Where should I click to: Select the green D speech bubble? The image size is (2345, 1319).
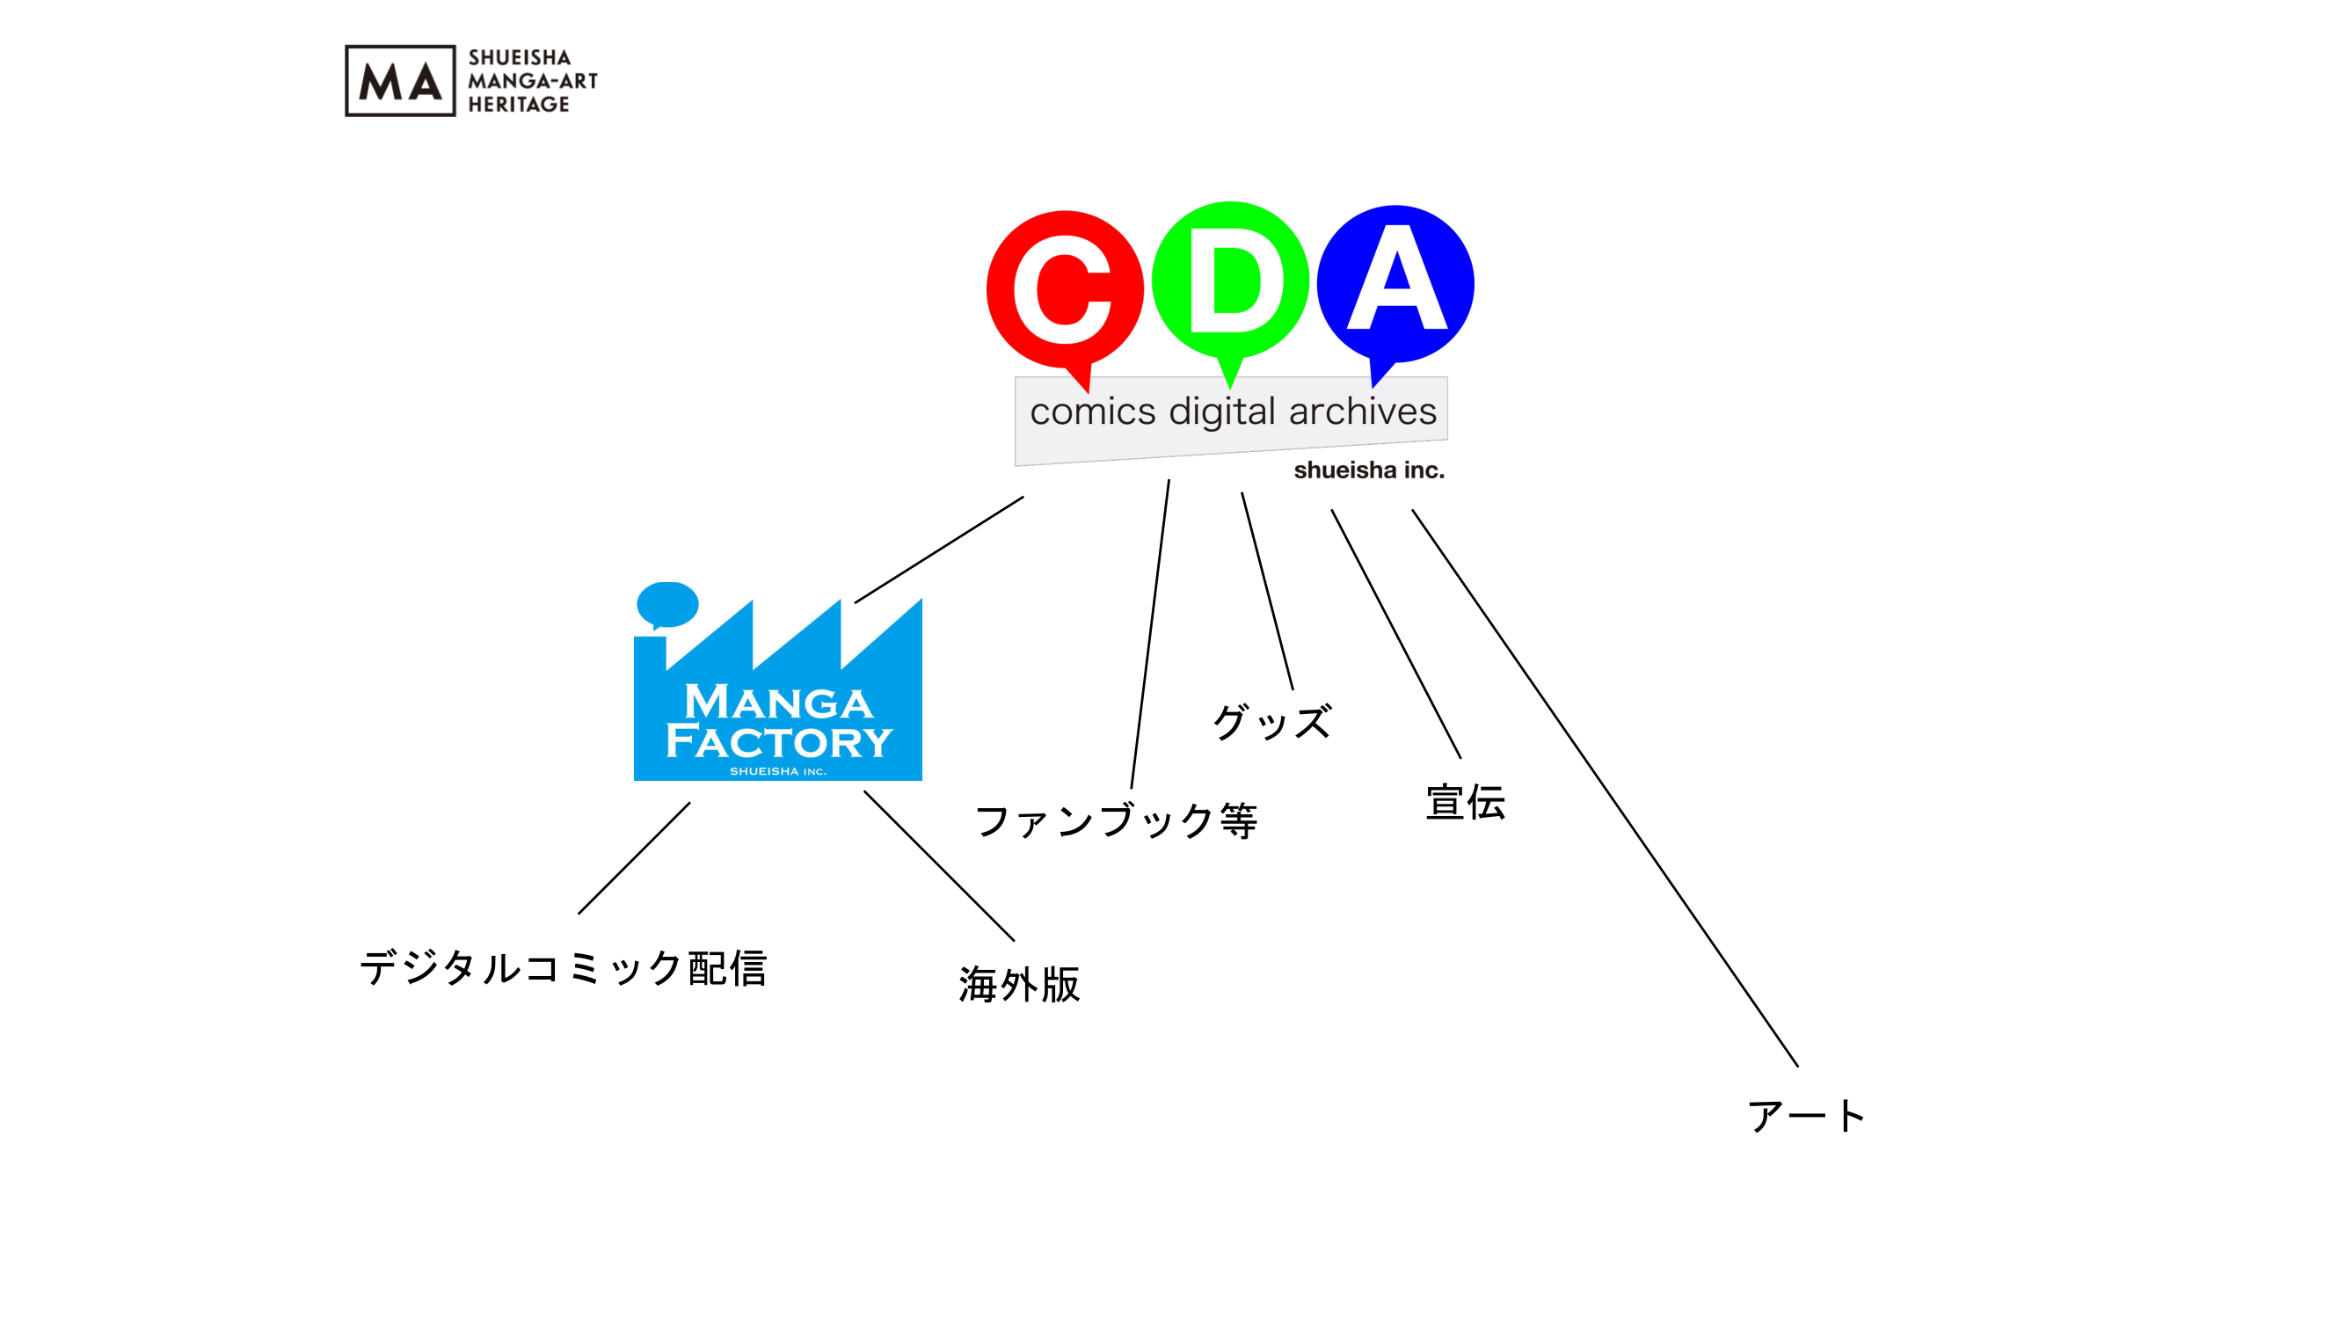tap(1230, 281)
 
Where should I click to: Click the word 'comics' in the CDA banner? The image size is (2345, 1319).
tap(1092, 412)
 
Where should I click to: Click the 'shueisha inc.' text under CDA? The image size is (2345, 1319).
tap(1368, 470)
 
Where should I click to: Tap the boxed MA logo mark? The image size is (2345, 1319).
tap(400, 81)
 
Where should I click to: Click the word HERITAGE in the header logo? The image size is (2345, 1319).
tap(519, 105)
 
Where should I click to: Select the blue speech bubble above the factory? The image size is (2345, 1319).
tap(667, 604)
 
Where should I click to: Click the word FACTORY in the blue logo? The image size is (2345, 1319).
tap(779, 742)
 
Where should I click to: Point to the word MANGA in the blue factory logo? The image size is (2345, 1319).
tap(778, 703)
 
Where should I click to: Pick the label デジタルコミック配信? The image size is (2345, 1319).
tap(564, 967)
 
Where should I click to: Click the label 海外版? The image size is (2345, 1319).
tap(1019, 985)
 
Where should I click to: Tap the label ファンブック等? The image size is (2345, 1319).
tap(1116, 821)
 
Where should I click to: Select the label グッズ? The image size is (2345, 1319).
tap(1271, 723)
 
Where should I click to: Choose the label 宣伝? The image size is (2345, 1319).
tap(1465, 803)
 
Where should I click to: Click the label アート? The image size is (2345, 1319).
tap(1806, 1116)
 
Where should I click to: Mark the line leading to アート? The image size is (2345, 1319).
tap(1605, 788)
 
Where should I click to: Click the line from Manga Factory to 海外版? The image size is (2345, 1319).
tap(938, 865)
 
